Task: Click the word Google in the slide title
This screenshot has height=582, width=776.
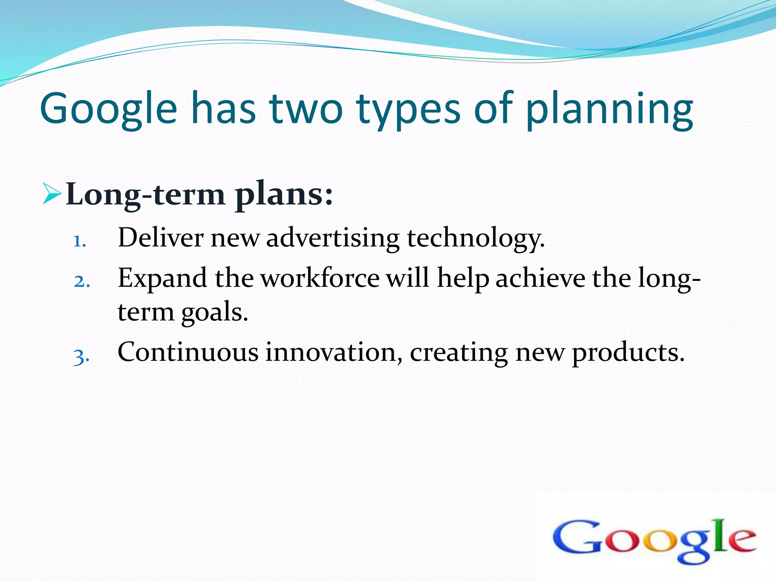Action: [x=108, y=109]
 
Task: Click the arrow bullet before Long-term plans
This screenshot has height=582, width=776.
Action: [x=52, y=193]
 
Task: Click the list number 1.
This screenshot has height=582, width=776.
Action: [x=79, y=241]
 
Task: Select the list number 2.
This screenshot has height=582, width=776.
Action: [x=82, y=281]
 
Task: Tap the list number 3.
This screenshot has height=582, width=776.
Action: [x=81, y=357]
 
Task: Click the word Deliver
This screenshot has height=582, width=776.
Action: [x=161, y=238]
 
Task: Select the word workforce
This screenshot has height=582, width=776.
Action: [x=320, y=278]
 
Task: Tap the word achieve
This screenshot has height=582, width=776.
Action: [x=540, y=278]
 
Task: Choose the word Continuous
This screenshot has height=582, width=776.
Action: [x=188, y=352]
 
